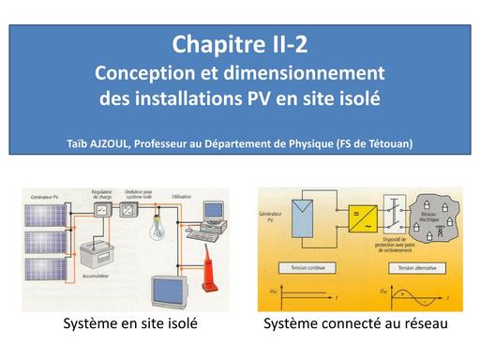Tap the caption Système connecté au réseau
tap(356, 325)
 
